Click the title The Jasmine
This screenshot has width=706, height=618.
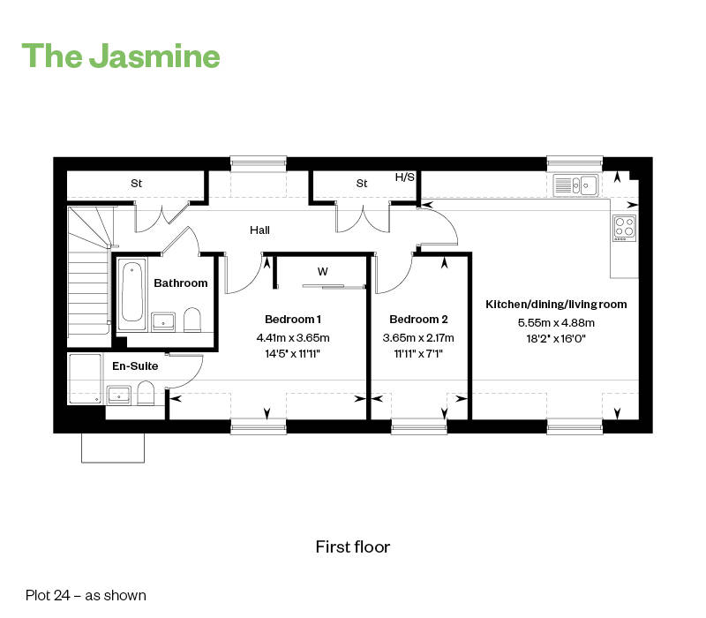click(121, 56)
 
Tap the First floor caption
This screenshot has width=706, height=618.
click(352, 546)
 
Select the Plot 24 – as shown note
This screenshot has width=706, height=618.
click(86, 595)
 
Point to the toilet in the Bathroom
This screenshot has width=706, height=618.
click(192, 320)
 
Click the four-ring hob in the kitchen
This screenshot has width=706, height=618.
click(624, 228)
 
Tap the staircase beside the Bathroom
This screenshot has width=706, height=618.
click(89, 275)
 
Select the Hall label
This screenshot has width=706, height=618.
click(259, 230)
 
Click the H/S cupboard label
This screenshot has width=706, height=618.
click(404, 177)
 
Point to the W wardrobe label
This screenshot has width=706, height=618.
click(322, 272)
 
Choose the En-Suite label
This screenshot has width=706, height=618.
click(135, 366)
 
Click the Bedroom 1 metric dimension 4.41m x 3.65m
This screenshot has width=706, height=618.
click(293, 337)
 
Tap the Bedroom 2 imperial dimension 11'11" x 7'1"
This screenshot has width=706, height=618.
click(418, 354)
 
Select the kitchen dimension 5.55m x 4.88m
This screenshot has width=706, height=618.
click(556, 322)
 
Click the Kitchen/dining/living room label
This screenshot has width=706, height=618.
click(556, 305)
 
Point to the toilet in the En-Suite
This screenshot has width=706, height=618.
click(146, 393)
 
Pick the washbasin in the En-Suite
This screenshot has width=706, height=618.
click(119, 395)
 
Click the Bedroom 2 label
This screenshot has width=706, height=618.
click(418, 320)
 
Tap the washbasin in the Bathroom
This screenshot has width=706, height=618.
click(163, 321)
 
